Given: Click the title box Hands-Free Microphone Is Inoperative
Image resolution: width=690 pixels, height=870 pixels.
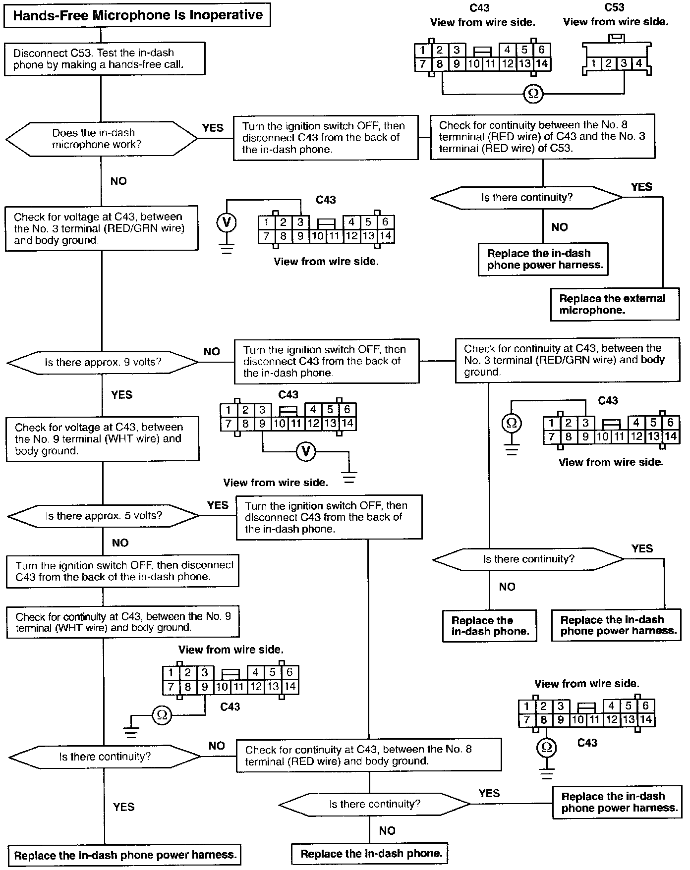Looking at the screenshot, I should (x=137, y=15).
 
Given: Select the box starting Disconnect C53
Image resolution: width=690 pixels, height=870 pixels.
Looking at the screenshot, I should (x=104, y=58).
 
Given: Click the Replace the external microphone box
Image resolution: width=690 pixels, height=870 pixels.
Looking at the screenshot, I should (x=614, y=304).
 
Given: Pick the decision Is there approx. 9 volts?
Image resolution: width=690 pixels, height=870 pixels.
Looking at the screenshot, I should (x=103, y=362).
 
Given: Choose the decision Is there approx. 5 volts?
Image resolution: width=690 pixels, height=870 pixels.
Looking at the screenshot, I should (x=103, y=516).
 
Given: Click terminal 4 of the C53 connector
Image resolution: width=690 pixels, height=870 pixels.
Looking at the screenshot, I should (x=639, y=63).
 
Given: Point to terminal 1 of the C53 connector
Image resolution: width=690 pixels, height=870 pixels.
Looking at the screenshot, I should (x=593, y=63).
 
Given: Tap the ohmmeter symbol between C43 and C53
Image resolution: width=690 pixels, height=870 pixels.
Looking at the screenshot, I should (x=533, y=94).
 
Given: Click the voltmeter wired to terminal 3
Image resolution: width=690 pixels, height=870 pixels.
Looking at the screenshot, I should (x=227, y=222).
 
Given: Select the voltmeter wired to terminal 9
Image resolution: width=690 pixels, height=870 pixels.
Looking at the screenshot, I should (x=306, y=451).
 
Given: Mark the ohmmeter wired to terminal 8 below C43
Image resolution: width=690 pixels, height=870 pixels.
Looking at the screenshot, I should (x=546, y=748).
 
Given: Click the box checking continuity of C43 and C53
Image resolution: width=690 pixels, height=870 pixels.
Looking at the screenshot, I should (x=542, y=137).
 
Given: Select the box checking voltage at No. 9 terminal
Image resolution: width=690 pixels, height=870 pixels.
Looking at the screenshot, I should (x=103, y=439).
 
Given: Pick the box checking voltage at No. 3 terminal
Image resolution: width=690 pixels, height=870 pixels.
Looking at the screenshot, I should (x=101, y=228).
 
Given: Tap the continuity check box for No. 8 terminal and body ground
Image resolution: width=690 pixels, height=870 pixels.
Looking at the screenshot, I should (x=369, y=755).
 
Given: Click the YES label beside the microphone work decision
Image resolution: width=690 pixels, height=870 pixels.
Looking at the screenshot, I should (x=213, y=128).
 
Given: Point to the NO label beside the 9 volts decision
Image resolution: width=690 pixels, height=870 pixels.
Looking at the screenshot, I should (x=212, y=351).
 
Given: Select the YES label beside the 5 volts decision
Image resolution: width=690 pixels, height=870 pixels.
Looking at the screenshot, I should (x=218, y=505).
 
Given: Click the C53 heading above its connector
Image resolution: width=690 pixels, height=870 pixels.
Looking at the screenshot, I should (x=614, y=7).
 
